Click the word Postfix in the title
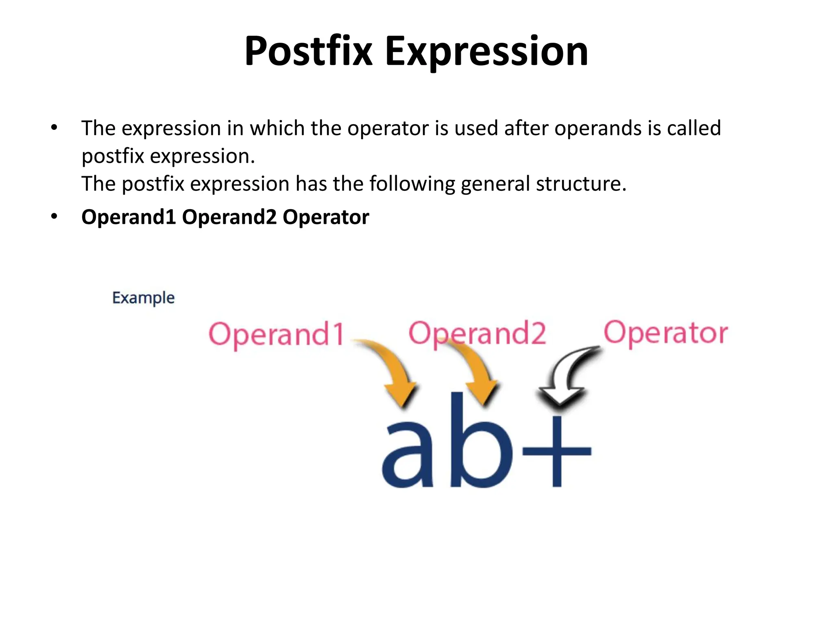click(x=308, y=51)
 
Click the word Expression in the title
click(x=486, y=51)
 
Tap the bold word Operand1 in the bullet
click(x=129, y=217)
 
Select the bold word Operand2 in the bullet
click(x=229, y=217)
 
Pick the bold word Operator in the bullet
click(x=326, y=217)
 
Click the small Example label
click(x=143, y=298)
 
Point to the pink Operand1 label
click(x=277, y=334)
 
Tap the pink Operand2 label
click(x=477, y=333)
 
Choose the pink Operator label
click(x=665, y=333)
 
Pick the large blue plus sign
click(x=557, y=451)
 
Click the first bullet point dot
click(x=54, y=128)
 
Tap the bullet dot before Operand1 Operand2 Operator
click(x=54, y=216)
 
